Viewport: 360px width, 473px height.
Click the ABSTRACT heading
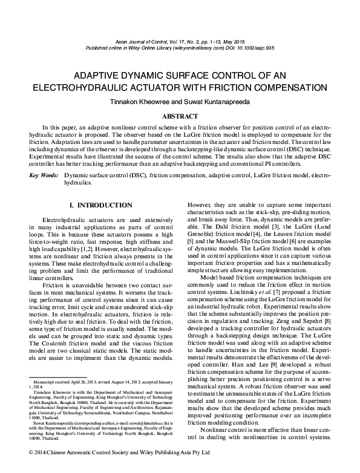tap(180, 116)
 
